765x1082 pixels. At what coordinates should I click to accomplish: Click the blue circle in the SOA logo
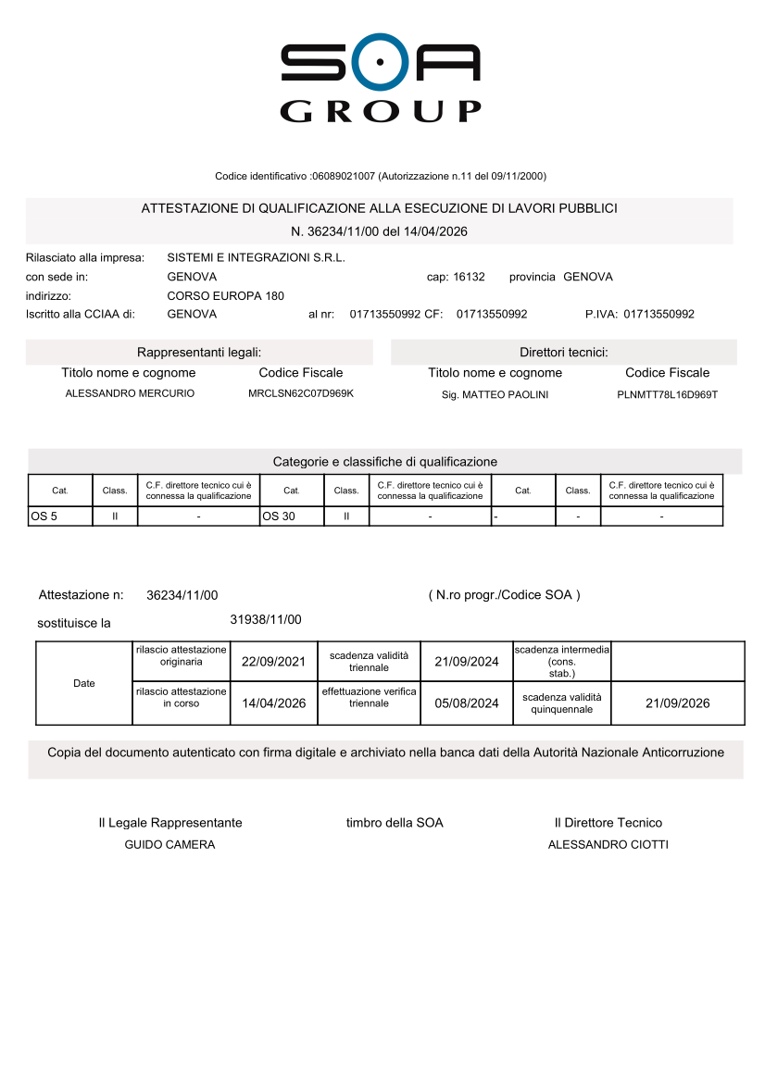pyautogui.click(x=381, y=64)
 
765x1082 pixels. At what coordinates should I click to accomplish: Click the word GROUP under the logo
pyautogui.click(x=381, y=111)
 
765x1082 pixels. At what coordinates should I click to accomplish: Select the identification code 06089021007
pyautogui.click(x=344, y=176)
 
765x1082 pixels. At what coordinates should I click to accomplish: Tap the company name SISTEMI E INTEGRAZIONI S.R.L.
pyautogui.click(x=256, y=257)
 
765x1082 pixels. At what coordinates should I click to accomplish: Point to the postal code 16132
pyautogui.click(x=469, y=277)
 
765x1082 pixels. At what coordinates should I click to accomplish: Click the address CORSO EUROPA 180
pyautogui.click(x=225, y=296)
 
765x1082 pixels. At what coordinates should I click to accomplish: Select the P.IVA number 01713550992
pyautogui.click(x=658, y=314)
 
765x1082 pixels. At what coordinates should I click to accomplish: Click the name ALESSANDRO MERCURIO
pyautogui.click(x=130, y=394)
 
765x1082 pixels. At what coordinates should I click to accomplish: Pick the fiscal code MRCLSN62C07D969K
pyautogui.click(x=301, y=394)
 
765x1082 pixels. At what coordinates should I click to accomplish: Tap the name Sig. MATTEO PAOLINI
pyautogui.click(x=495, y=395)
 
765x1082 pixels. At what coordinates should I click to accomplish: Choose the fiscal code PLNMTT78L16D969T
pyautogui.click(x=667, y=395)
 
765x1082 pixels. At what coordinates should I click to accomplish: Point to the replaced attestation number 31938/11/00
pyautogui.click(x=265, y=619)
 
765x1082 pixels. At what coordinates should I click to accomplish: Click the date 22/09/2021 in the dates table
pyautogui.click(x=273, y=662)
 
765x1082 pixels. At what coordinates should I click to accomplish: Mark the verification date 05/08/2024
pyautogui.click(x=466, y=703)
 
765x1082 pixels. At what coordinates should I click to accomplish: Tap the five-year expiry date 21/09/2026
pyautogui.click(x=677, y=703)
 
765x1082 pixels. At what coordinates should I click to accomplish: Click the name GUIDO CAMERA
pyautogui.click(x=169, y=845)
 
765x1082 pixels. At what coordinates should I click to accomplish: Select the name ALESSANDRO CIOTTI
pyautogui.click(x=608, y=845)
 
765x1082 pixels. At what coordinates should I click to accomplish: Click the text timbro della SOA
pyautogui.click(x=395, y=823)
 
